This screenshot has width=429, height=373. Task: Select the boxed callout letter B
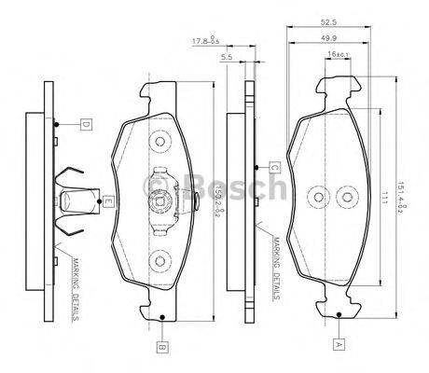click(x=162, y=347)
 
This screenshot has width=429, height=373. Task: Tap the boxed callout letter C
click(x=276, y=168)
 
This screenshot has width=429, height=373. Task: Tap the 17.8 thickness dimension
click(x=206, y=40)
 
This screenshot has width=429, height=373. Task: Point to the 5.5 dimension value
click(x=227, y=58)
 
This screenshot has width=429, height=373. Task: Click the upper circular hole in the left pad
click(x=159, y=143)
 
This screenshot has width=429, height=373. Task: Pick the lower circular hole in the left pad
click(x=159, y=261)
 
